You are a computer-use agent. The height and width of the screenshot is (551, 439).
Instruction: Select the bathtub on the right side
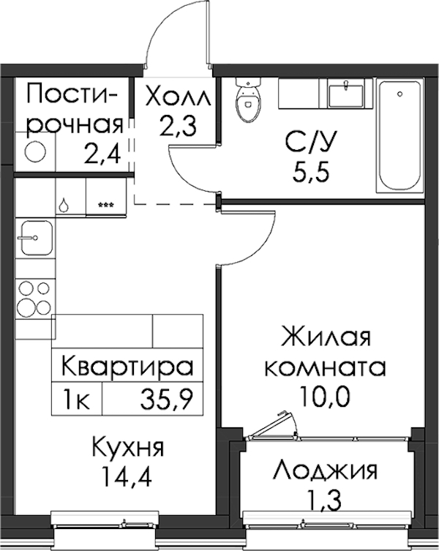pos(399,135)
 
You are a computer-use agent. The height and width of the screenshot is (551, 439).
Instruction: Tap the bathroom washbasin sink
pos(346,94)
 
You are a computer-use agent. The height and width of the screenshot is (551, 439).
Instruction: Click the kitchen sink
pos(37,238)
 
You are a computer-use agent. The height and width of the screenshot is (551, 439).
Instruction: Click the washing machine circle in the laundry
pos(35,151)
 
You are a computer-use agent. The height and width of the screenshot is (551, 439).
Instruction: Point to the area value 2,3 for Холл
pos(178,127)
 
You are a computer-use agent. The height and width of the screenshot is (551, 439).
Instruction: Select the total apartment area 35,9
pos(167,400)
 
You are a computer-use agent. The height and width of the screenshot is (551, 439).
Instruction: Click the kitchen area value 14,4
pos(126,476)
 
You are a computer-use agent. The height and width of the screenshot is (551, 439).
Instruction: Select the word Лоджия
pos(326,471)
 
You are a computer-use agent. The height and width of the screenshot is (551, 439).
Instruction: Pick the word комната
pos(325,368)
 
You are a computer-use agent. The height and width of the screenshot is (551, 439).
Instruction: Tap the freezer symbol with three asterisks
pos(106,204)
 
